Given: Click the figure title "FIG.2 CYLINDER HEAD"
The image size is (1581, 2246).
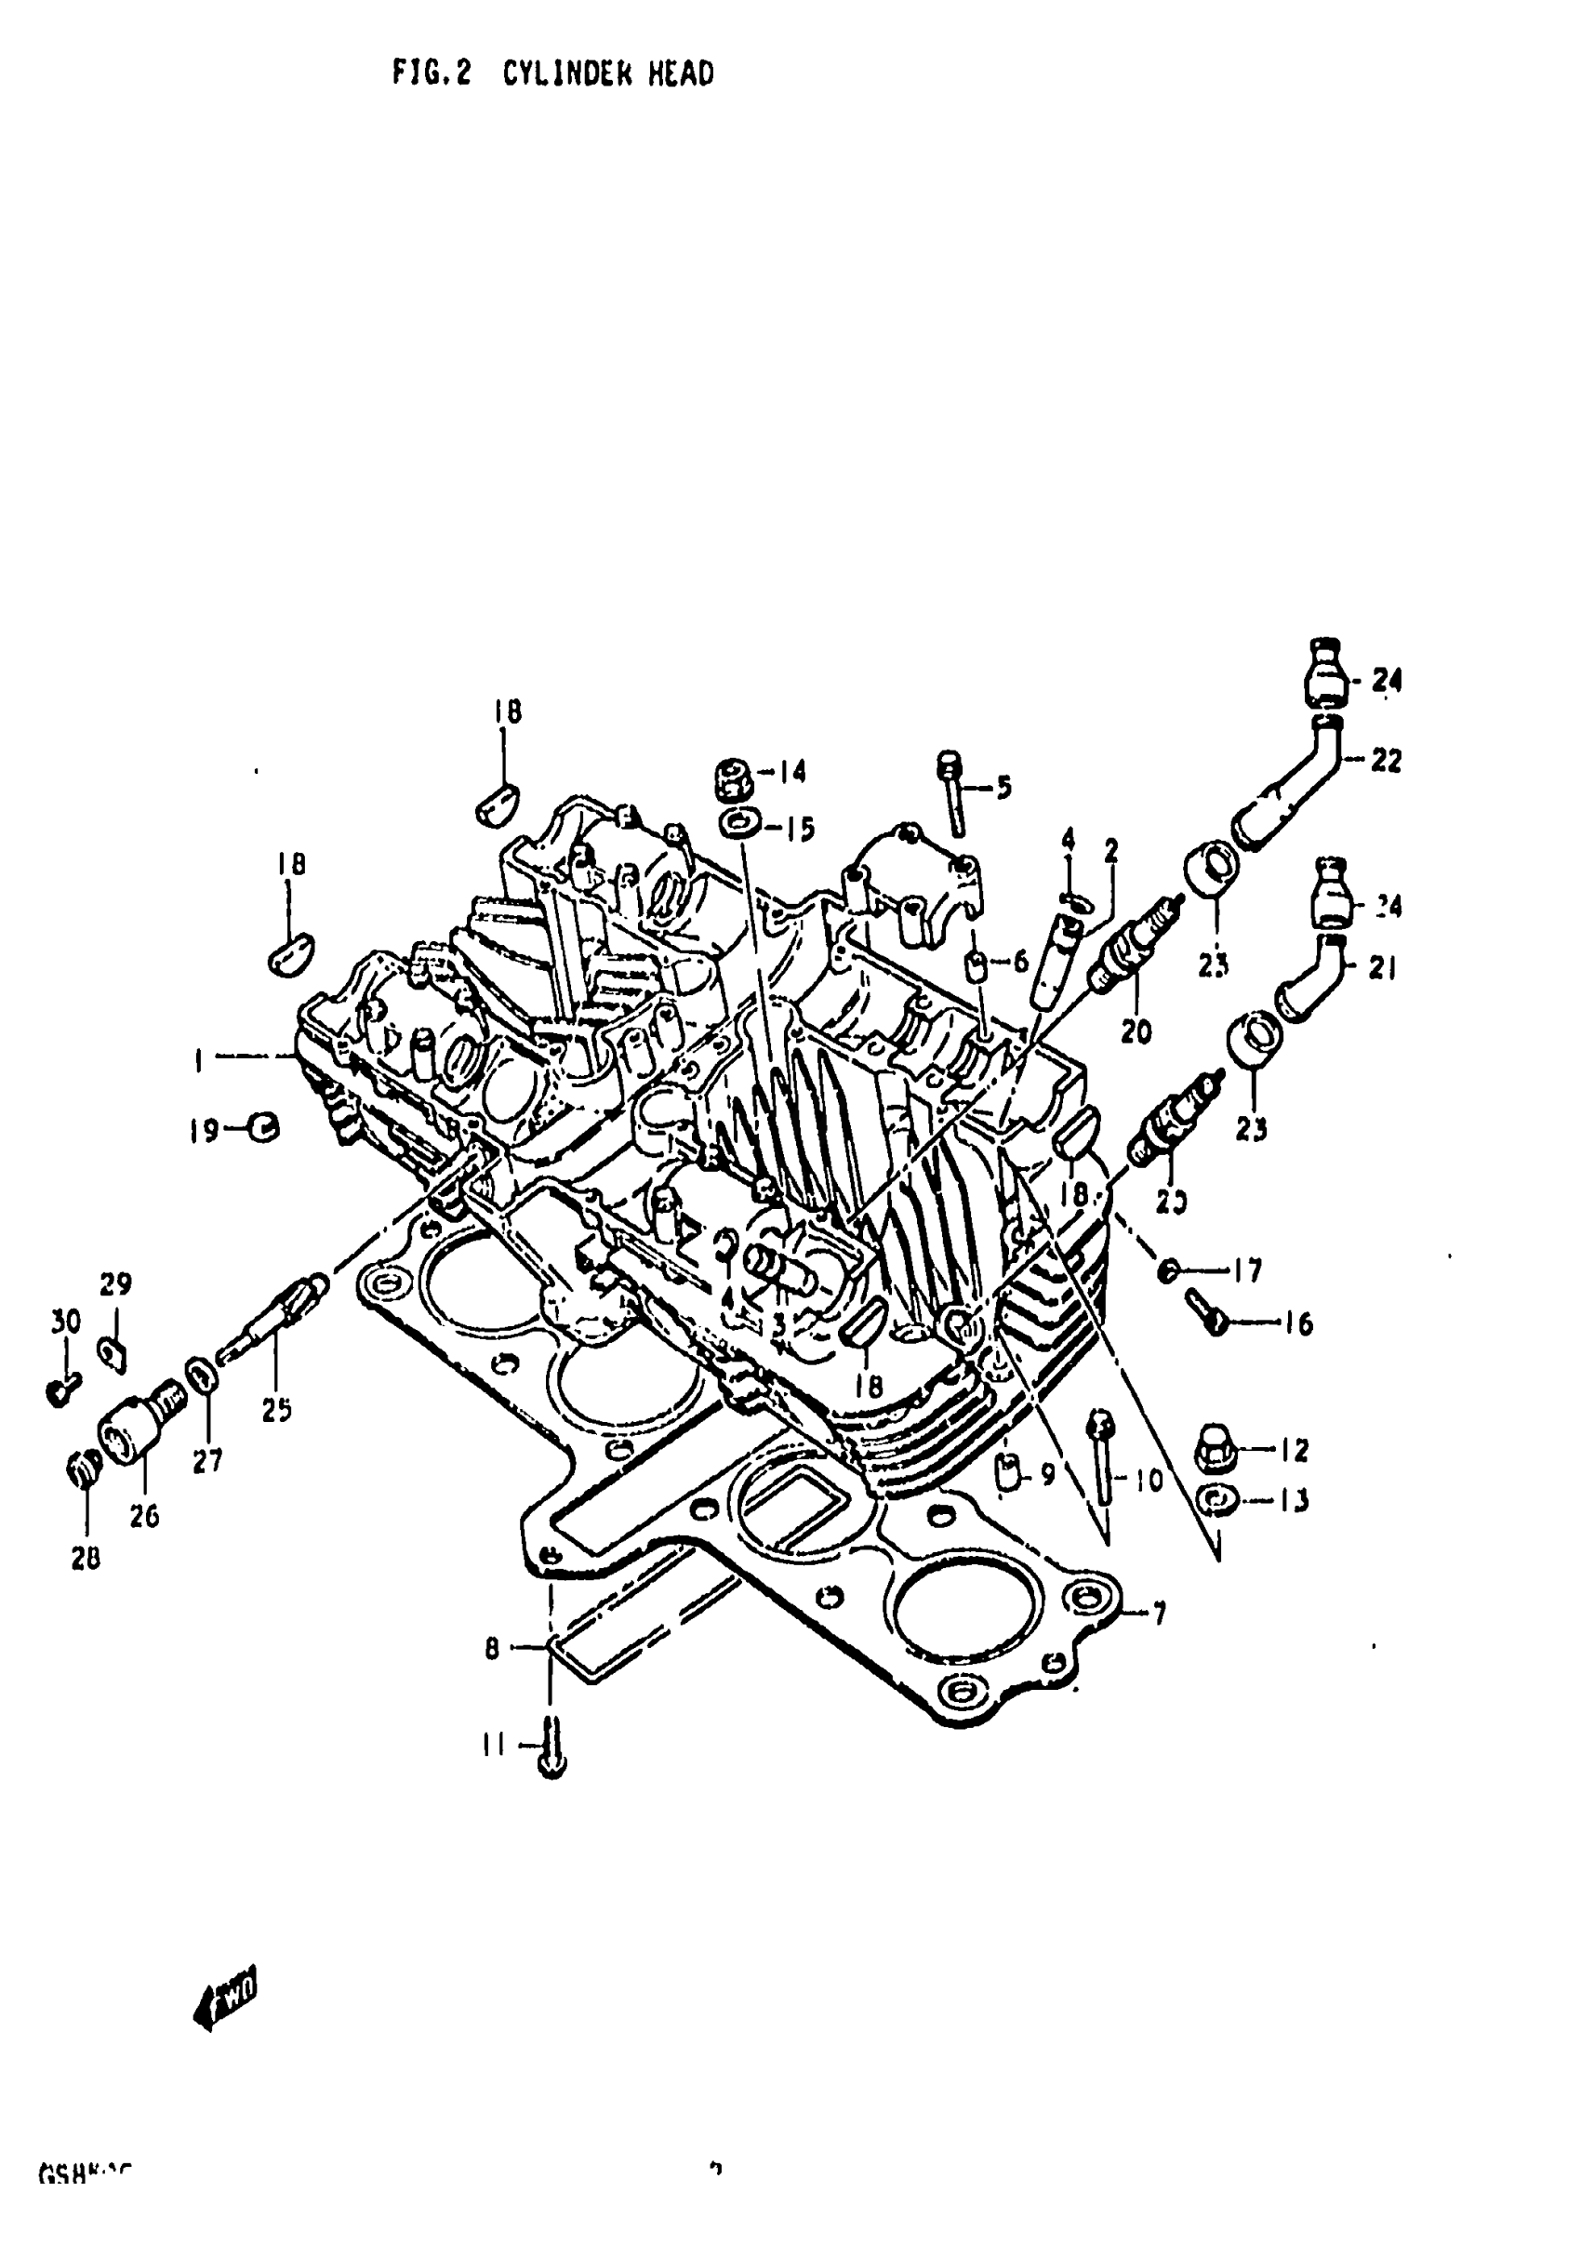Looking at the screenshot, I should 552,73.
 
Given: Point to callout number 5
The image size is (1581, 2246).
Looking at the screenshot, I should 1003,787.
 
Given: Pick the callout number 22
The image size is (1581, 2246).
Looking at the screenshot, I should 1386,760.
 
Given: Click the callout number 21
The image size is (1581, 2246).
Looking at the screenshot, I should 1381,967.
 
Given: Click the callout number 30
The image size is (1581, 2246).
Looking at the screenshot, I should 65,1322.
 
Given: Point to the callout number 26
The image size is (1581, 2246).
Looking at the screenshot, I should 144,1515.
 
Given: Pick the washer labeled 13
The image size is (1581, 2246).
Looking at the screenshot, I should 1218,1498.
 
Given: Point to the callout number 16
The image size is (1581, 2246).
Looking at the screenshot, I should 1298,1323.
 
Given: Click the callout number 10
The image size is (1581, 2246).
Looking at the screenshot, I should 1149,1480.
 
